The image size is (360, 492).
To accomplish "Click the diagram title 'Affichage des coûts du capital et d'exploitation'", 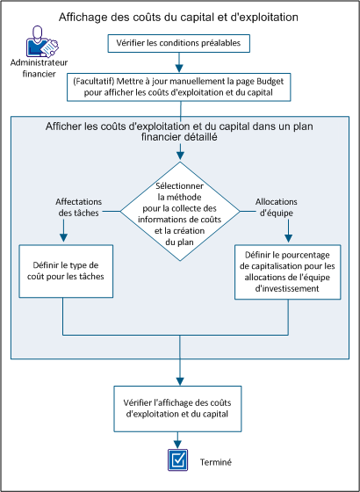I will tap(178, 17).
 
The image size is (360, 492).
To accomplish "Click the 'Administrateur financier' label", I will tap(40, 69).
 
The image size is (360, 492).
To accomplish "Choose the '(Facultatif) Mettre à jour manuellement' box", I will tap(179, 89).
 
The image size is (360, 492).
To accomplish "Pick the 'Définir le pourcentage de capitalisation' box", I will tap(287, 271).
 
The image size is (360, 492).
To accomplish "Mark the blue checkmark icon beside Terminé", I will tap(178, 459).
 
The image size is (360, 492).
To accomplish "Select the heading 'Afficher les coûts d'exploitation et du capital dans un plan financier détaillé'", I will tap(181, 132).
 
